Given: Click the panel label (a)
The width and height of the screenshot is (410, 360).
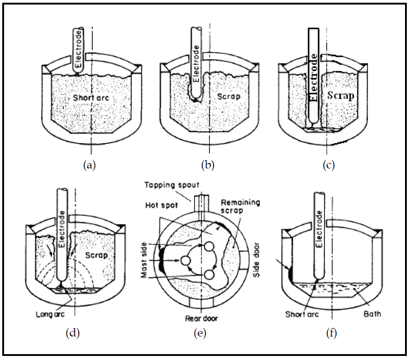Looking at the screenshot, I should pos(90,165).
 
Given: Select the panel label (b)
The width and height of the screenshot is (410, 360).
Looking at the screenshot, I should pos(208,165).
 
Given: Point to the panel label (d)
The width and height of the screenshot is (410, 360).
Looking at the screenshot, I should pos(73,334).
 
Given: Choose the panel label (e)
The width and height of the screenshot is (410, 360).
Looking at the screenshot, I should pos(200,334).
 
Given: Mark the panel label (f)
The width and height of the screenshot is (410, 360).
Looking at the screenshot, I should pos(332,334).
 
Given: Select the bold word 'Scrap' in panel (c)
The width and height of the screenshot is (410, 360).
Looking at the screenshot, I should pos(340,96).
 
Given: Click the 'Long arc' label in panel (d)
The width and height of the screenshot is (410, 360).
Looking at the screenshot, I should pos(51,313).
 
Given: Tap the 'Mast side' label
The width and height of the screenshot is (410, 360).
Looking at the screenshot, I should pos(148,260).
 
